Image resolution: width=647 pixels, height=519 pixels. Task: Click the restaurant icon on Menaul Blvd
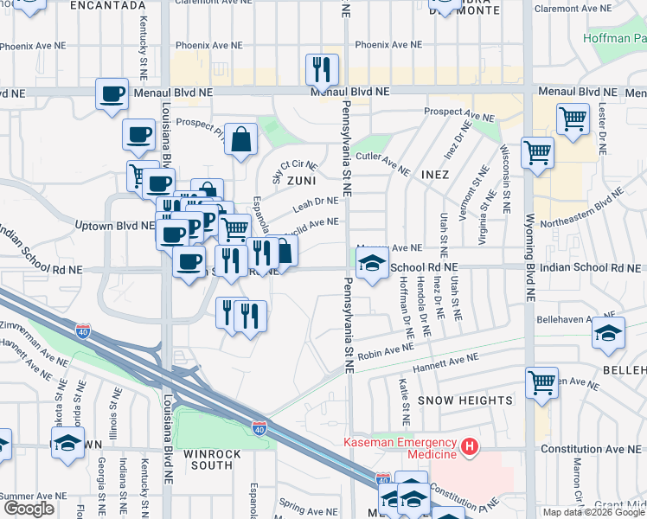[322, 71]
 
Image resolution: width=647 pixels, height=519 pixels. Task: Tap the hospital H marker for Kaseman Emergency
[469, 446]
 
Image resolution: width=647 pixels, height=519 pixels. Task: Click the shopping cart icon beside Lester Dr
[573, 119]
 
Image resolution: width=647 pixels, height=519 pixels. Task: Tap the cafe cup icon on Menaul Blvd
[112, 95]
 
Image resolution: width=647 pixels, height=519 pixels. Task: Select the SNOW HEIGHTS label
[465, 400]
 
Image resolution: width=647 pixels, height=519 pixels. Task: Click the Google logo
[29, 509]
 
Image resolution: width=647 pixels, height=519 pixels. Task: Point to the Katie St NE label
[403, 394]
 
